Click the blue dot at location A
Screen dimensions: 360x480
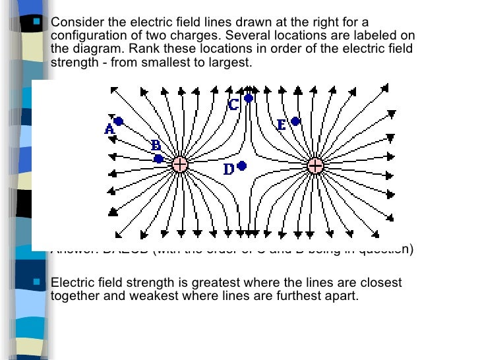pos(119,121)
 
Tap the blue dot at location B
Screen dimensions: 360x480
pos(158,159)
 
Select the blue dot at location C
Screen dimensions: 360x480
pos(249,98)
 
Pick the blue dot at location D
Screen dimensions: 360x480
pos(242,166)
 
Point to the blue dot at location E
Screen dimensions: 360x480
pos(295,121)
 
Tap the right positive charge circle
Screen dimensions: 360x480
pos(315,165)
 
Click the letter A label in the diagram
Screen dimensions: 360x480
pos(109,130)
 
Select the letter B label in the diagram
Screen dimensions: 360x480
pos(156,146)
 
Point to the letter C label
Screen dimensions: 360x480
pos(233,104)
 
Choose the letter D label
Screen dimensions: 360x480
pos(229,170)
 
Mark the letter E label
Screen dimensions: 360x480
pos(282,125)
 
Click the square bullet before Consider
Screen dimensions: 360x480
pos(37,21)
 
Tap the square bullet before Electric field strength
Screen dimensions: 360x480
pos(37,282)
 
